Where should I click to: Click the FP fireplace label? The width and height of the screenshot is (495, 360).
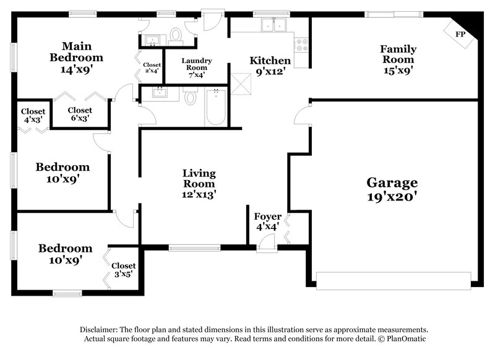point(460,34)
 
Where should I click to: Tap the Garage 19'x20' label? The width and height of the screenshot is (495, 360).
point(392,189)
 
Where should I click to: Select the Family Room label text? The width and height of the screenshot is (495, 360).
point(398,54)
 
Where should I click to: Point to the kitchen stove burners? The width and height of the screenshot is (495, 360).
point(302,44)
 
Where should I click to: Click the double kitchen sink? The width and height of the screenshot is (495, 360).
point(273,26)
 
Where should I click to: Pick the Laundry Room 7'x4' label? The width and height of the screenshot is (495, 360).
point(197,67)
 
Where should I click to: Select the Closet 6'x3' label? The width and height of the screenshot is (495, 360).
point(80,114)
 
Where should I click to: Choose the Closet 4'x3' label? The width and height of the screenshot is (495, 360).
point(33,115)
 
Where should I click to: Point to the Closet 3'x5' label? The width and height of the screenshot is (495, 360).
point(123,270)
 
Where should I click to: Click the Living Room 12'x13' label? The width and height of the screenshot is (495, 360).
point(199,183)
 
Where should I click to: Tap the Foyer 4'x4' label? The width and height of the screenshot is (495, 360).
point(267,221)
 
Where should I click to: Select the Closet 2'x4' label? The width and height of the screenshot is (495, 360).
point(152,67)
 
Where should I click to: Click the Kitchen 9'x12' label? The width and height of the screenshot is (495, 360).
point(270,66)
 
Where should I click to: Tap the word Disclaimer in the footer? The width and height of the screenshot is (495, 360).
point(101,330)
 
